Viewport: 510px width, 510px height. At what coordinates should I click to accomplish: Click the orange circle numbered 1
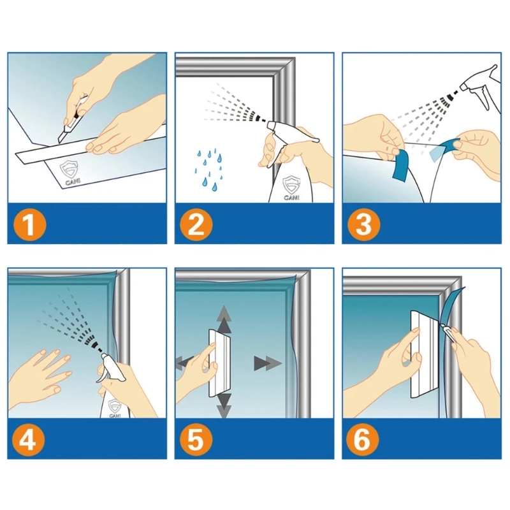click(x=29, y=224)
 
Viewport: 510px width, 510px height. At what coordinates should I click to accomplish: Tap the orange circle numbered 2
click(x=196, y=224)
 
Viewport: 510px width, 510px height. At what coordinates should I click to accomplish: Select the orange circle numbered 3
click(x=363, y=224)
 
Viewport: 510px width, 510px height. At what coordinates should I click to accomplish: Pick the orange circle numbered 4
click(x=28, y=441)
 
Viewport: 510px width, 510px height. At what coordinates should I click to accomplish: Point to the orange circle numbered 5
click(x=196, y=441)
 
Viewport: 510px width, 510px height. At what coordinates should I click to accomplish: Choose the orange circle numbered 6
click(x=362, y=441)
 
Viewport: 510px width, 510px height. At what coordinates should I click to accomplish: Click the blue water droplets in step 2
click(x=208, y=169)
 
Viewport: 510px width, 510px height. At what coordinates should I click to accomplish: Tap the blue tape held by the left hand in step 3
click(x=400, y=165)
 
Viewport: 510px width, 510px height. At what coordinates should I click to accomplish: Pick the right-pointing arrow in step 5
click(x=268, y=363)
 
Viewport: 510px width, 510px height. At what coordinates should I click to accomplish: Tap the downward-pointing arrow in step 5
click(x=224, y=405)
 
